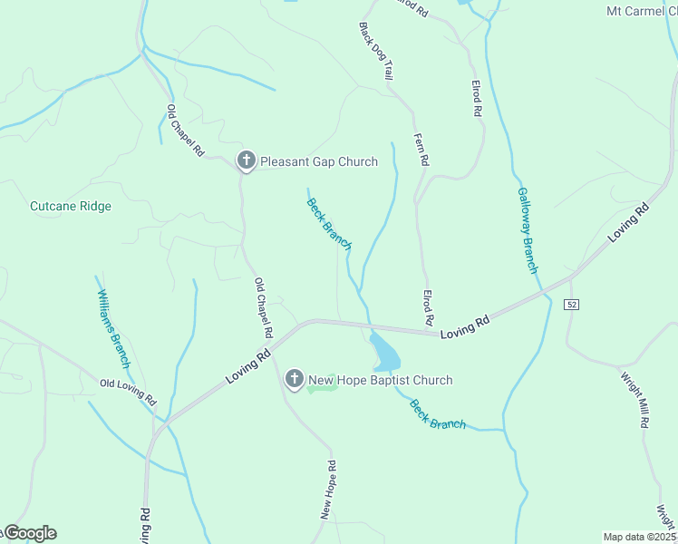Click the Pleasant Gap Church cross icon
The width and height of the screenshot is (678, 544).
coord(246,161)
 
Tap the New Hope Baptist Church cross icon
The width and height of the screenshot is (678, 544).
coord(294,380)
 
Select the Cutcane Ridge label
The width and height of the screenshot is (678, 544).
coord(71,206)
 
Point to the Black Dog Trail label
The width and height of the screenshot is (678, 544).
coord(375,52)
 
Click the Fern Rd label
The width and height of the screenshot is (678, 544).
coord(421,147)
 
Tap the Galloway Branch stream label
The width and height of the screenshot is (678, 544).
coord(528,230)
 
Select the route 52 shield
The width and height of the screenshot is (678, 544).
coord(570,303)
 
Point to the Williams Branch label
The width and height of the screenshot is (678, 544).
coord(114,322)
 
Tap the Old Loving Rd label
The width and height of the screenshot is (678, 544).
coord(128,392)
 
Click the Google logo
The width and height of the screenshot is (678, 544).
coord(29,533)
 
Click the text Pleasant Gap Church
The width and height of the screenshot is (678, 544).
coord(319,161)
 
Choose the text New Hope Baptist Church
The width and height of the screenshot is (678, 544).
coord(380,380)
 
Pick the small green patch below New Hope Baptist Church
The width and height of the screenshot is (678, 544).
coord(322,389)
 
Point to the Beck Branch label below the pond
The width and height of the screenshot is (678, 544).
coord(438,413)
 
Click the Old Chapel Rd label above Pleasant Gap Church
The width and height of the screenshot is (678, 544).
coord(185,131)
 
